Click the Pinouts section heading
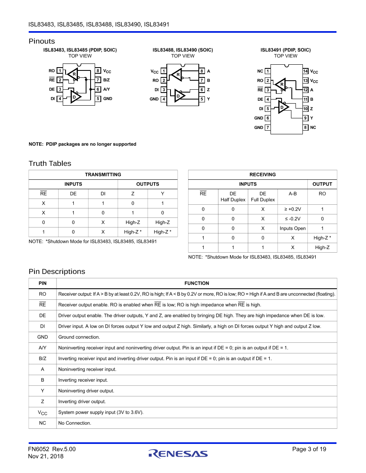click(x=41, y=41)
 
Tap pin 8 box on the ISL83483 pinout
click(x=98, y=70)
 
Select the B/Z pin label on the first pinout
click(x=106, y=80)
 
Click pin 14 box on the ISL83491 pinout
click(x=305, y=71)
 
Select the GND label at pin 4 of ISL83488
click(x=154, y=99)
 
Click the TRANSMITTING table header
click(x=103, y=174)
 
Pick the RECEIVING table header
click(x=262, y=174)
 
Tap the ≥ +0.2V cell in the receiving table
click(x=292, y=209)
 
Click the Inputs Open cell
click(x=292, y=229)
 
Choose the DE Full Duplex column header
click(x=263, y=197)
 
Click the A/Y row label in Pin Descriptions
click(x=42, y=348)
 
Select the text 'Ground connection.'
click(x=79, y=337)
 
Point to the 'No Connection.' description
click(x=75, y=423)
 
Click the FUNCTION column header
click(x=196, y=283)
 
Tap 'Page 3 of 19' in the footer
click(x=309, y=449)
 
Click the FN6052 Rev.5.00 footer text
click(x=52, y=449)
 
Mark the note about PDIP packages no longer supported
click(x=82, y=144)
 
